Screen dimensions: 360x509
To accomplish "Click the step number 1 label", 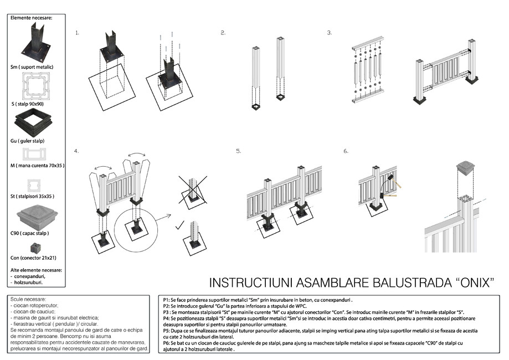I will point(78,33).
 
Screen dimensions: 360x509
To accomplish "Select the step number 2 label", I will point(223,33).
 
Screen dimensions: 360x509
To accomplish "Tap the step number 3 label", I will point(330,33).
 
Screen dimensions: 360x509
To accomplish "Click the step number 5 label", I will point(238,151).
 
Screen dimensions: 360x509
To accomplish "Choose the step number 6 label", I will point(346,151).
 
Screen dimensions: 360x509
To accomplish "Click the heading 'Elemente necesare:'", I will point(32,18).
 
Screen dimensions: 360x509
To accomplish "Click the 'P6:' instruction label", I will point(167,343).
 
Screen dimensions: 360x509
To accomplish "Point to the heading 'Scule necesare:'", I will point(27,299).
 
